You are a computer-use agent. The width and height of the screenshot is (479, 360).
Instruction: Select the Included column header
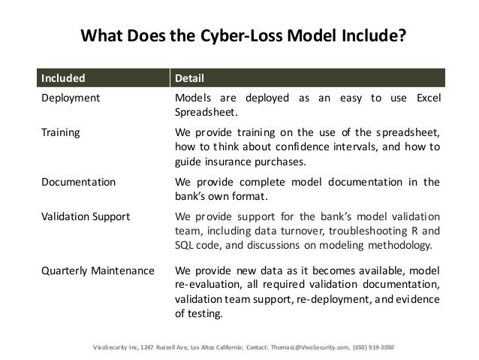pyautogui.click(x=63, y=78)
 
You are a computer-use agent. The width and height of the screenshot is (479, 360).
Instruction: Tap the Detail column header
pyautogui.click(x=190, y=78)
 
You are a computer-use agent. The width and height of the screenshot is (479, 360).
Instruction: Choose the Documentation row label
pyautogui.click(x=78, y=181)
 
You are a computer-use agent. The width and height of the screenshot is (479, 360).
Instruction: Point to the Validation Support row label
pyautogui.click(x=85, y=216)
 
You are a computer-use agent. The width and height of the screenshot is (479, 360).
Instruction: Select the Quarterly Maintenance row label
pyautogui.click(x=97, y=269)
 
